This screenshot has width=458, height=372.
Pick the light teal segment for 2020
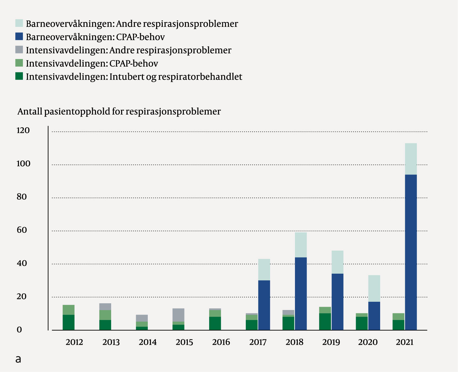(374, 288)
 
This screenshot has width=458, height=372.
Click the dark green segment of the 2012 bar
(68, 322)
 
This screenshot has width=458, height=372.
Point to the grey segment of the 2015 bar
(178, 315)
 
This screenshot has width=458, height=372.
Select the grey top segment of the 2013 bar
(105, 307)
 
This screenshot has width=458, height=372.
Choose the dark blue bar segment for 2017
(264, 305)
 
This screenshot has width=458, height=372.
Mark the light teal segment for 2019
(337, 262)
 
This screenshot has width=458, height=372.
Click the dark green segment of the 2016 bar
(215, 323)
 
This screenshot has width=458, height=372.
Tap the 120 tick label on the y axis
(23, 131)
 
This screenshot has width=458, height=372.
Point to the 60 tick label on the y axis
(22, 230)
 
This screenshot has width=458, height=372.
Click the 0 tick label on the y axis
(20, 330)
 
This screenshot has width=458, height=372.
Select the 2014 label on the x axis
(148, 342)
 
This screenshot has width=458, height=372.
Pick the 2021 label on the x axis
(405, 342)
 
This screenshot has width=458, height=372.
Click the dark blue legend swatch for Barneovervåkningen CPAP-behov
(19, 36)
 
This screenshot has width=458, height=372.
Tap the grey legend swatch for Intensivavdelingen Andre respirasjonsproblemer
(19, 49)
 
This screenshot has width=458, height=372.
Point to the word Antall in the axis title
(30, 112)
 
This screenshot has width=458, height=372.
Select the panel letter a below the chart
(18, 359)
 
